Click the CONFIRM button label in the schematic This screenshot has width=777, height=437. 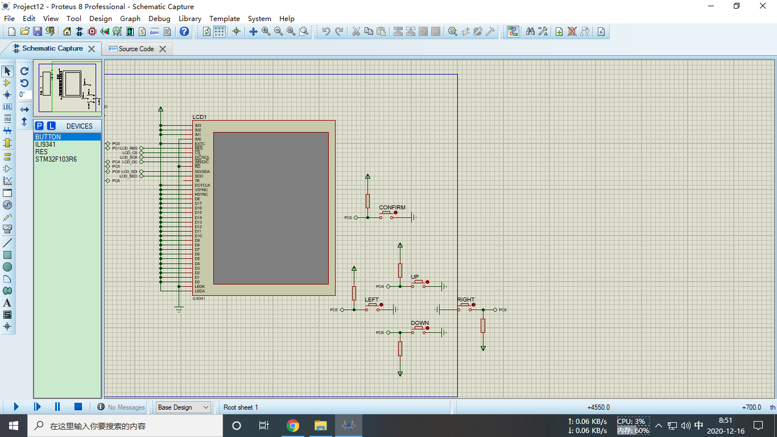(392, 208)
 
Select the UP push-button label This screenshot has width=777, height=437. (415, 277)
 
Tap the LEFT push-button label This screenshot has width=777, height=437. (371, 300)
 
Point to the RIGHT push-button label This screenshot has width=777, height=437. (465, 300)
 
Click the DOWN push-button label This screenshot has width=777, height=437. (420, 323)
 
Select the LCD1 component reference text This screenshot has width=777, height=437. (200, 117)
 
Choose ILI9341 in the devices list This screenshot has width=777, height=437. (46, 145)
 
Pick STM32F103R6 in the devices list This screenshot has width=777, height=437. (56, 159)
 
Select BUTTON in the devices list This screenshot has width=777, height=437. (48, 137)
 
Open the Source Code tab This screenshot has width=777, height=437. (136, 49)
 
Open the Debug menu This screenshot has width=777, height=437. (159, 18)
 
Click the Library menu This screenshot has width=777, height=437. (189, 18)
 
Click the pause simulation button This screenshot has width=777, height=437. (57, 407)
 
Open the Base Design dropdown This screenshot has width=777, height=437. (183, 407)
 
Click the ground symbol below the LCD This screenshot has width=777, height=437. (179, 309)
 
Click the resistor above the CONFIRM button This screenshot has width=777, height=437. (367, 201)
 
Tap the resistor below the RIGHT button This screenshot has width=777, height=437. (483, 325)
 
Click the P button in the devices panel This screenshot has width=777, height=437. (39, 126)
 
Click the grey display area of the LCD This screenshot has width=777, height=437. (271, 208)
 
